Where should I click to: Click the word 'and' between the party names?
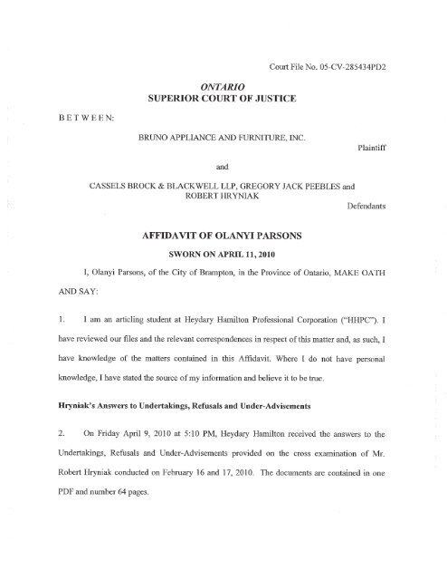223,179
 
